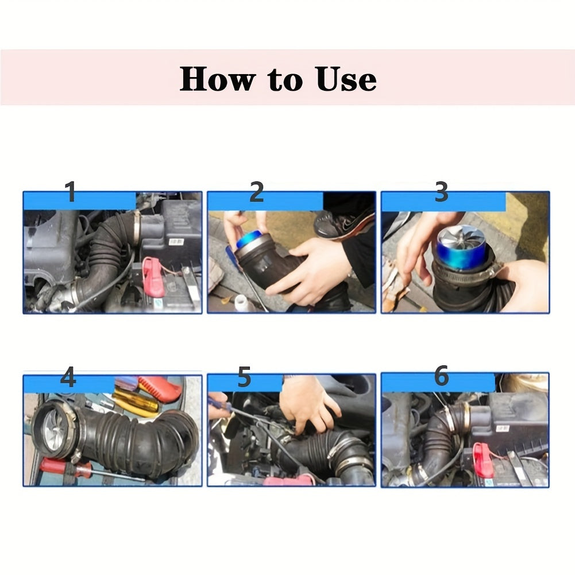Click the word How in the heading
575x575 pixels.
216,79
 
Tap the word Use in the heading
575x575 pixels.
346,79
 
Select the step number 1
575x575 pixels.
71,192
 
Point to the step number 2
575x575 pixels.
256,192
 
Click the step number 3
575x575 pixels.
441,192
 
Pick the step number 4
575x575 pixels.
68,377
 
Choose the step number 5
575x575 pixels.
244,377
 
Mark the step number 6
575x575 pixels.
441,376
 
